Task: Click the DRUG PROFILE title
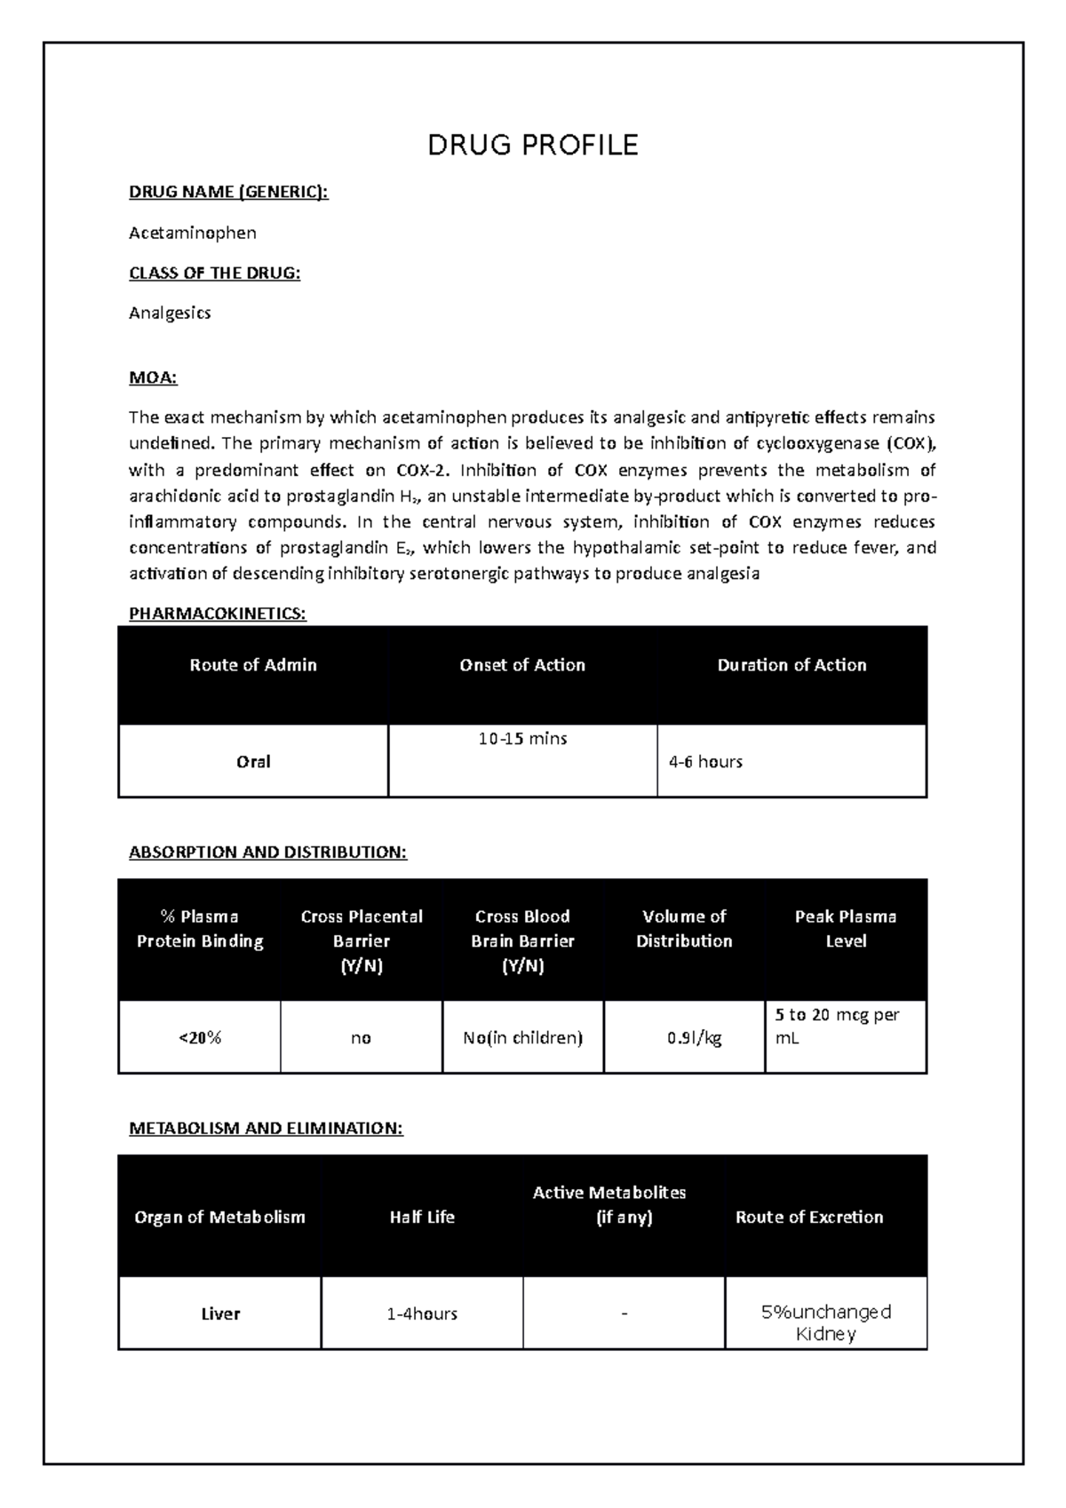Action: pyautogui.click(x=533, y=145)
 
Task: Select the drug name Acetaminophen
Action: pyautogui.click(x=193, y=233)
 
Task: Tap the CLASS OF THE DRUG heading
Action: pyautogui.click(x=215, y=273)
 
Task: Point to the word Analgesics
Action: pyautogui.click(x=170, y=313)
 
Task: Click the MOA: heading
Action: pyautogui.click(x=153, y=378)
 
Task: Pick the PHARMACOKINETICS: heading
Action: pyautogui.click(x=218, y=614)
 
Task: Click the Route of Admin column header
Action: pyautogui.click(x=253, y=665)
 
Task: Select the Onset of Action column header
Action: pyautogui.click(x=522, y=665)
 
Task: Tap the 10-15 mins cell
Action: pyautogui.click(x=522, y=739)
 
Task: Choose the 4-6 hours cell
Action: pyautogui.click(x=706, y=762)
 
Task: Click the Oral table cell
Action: pyautogui.click(x=253, y=762)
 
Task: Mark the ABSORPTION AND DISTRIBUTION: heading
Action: pyautogui.click(x=267, y=853)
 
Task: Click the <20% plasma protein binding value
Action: pyautogui.click(x=200, y=1037)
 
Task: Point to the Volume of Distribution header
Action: pyautogui.click(x=684, y=929)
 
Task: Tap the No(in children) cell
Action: pyautogui.click(x=522, y=1037)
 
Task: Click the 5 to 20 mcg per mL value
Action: pyautogui.click(x=837, y=1026)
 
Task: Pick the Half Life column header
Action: pyautogui.click(x=422, y=1218)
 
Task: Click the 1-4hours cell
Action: pyautogui.click(x=422, y=1314)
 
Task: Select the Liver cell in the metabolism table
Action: pyautogui.click(x=220, y=1314)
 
